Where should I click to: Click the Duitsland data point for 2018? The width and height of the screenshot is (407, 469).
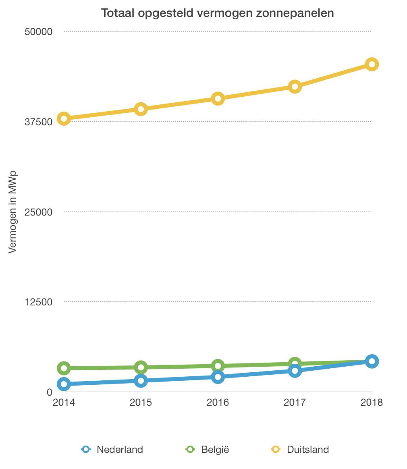[372, 64]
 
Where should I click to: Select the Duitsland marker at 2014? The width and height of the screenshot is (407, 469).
[64, 118]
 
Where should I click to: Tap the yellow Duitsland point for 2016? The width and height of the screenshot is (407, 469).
[218, 98]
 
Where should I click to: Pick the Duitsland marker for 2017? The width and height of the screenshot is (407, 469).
[295, 87]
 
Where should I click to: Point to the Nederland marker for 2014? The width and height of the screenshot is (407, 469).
[64, 384]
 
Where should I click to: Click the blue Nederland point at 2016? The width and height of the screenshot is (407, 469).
[218, 377]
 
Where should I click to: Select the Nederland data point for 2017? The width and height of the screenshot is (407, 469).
[295, 371]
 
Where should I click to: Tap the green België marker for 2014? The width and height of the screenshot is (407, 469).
[64, 368]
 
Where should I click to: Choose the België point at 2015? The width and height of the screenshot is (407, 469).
[141, 367]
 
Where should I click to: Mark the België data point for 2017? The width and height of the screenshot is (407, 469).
[295, 363]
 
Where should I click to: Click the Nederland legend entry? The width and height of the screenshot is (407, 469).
[120, 449]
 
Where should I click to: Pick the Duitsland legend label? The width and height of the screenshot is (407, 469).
[308, 449]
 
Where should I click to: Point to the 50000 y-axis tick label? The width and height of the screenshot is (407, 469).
[39, 32]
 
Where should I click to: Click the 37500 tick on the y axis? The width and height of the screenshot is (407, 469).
[39, 122]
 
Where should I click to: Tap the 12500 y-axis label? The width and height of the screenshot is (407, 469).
[39, 302]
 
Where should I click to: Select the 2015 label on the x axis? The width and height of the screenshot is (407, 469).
[141, 403]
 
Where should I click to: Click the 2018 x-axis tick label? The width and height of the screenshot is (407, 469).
[372, 403]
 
